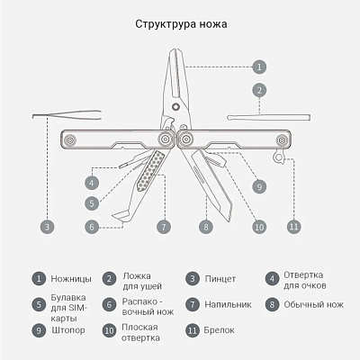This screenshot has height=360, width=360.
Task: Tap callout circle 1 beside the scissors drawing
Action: (x=258, y=67)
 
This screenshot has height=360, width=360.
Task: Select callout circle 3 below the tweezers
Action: (x=47, y=226)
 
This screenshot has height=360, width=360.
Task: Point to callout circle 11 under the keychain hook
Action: (x=293, y=226)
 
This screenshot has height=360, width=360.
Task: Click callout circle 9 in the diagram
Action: (x=259, y=186)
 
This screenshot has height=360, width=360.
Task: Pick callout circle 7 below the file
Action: (x=163, y=226)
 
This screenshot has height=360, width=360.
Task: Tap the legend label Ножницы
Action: (x=70, y=279)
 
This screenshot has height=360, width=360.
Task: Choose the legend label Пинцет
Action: (x=220, y=279)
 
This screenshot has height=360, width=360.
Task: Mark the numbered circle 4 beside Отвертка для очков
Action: (x=272, y=279)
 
